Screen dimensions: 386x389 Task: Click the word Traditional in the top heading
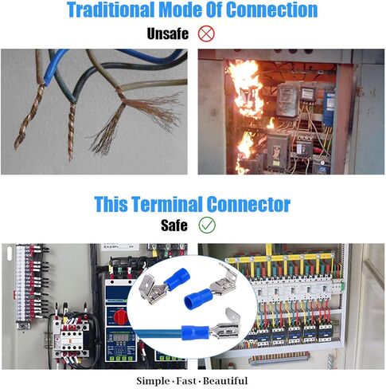(x=111, y=10)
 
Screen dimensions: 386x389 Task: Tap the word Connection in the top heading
(x=272, y=10)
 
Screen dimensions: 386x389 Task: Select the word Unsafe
(x=168, y=33)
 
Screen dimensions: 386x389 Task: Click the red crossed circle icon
(x=206, y=33)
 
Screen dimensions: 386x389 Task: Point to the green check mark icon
(x=207, y=225)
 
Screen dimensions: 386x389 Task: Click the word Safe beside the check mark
(x=174, y=226)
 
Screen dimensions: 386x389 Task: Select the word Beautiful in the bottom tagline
(x=225, y=381)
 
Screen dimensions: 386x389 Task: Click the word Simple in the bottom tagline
(x=153, y=381)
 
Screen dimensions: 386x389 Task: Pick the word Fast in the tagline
(x=186, y=381)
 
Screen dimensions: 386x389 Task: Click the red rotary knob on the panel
(x=121, y=317)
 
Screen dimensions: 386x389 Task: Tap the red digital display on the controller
(x=121, y=337)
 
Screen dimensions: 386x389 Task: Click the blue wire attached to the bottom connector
(x=157, y=333)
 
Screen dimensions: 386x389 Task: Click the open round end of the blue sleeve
(x=190, y=301)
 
